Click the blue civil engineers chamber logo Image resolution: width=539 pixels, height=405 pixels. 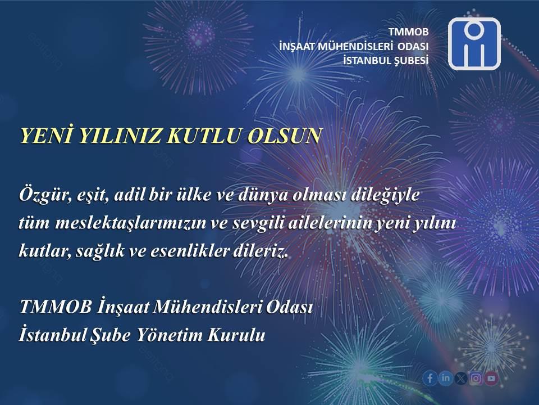pyautogui.click(x=474, y=44)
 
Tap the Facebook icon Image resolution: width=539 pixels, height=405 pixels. pyautogui.click(x=430, y=378)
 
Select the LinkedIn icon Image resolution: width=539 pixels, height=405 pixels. pyautogui.click(x=445, y=378)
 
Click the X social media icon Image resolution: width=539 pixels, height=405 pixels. pyautogui.click(x=460, y=379)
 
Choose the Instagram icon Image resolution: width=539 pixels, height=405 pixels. pyautogui.click(x=476, y=379)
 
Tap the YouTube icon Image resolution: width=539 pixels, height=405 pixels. pyautogui.click(x=491, y=379)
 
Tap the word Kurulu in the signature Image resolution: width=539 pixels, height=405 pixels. pyautogui.click(x=236, y=335)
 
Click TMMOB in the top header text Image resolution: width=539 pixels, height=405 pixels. pyautogui.click(x=409, y=32)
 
